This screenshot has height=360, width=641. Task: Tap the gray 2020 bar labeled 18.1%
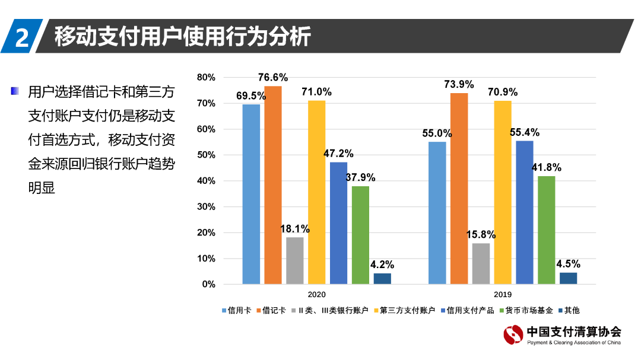point(295,260)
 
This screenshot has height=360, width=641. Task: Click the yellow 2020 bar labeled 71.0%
point(316,192)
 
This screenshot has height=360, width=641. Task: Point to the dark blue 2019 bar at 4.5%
point(568,278)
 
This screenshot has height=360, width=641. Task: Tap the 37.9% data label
point(360,177)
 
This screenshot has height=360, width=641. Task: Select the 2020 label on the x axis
point(316,294)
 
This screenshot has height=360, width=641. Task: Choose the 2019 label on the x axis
point(503,294)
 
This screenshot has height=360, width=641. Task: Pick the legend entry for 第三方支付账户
point(405,310)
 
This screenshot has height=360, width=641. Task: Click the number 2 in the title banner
point(21,37)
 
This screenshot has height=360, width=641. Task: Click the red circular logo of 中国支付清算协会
point(513,335)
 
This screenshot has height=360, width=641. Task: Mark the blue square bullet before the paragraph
point(15,91)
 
